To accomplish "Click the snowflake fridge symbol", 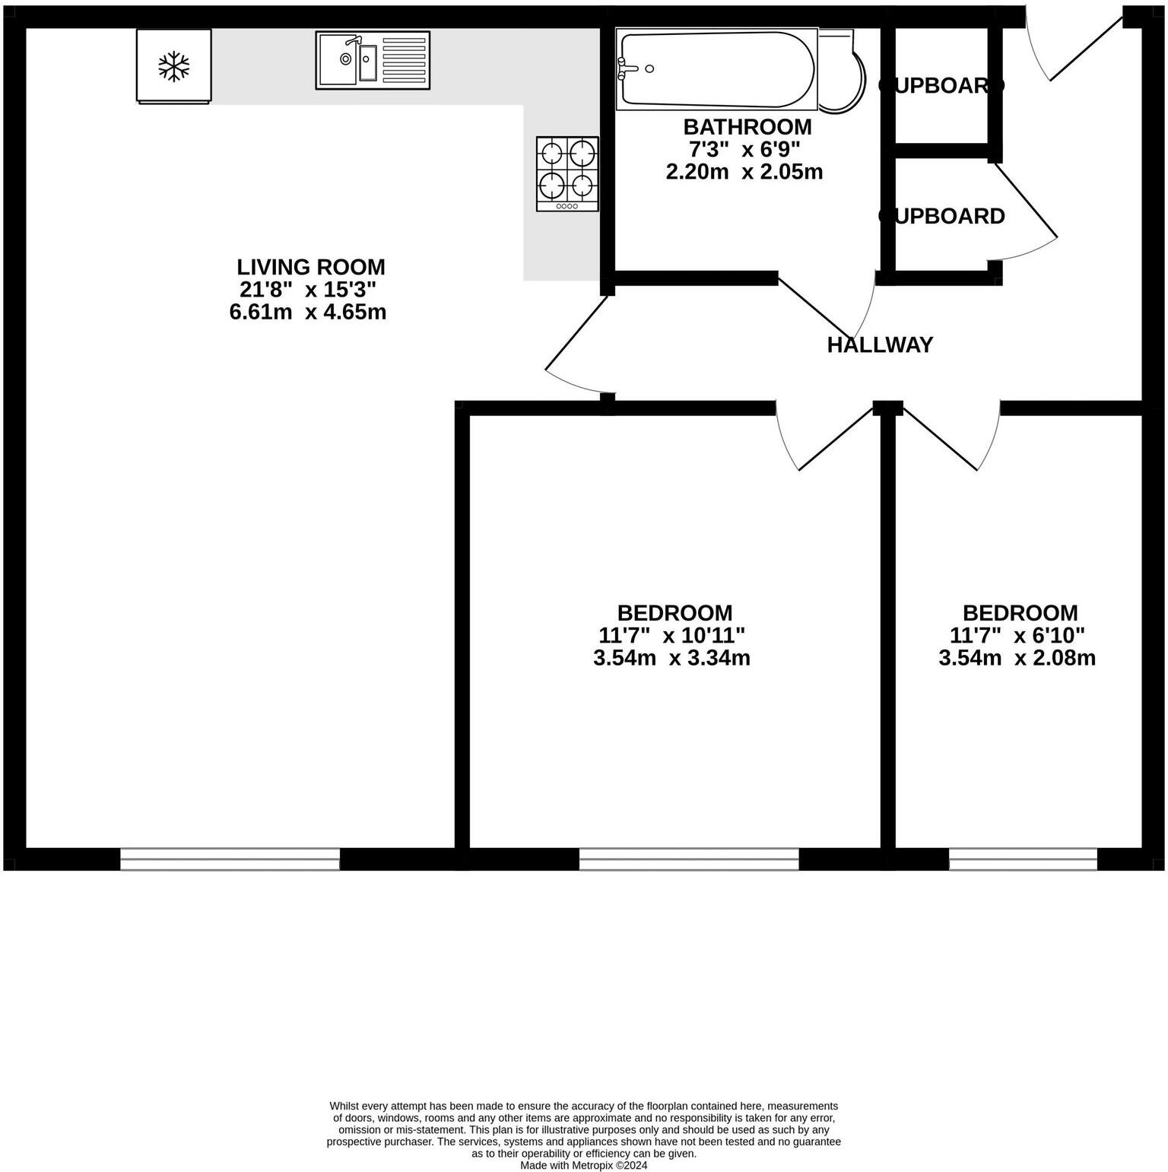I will click(x=173, y=66).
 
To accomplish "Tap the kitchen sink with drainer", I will click(x=373, y=60).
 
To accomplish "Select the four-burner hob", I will click(x=567, y=173).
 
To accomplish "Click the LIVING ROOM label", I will click(x=310, y=267).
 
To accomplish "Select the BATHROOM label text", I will click(x=747, y=126).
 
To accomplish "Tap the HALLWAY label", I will click(x=880, y=345).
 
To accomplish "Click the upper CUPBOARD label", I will click(x=941, y=86).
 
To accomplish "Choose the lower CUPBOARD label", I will click(x=941, y=216).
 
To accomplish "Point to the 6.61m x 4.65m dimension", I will click(x=307, y=312).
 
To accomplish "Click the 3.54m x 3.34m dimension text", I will click(x=671, y=658).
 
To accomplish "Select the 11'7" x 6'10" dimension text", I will click(x=1017, y=635).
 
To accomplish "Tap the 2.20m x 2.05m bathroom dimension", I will click(x=744, y=172).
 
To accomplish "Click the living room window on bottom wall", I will click(x=230, y=859).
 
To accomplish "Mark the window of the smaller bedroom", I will click(x=1023, y=859).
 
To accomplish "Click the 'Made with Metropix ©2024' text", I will click(x=583, y=1164).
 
